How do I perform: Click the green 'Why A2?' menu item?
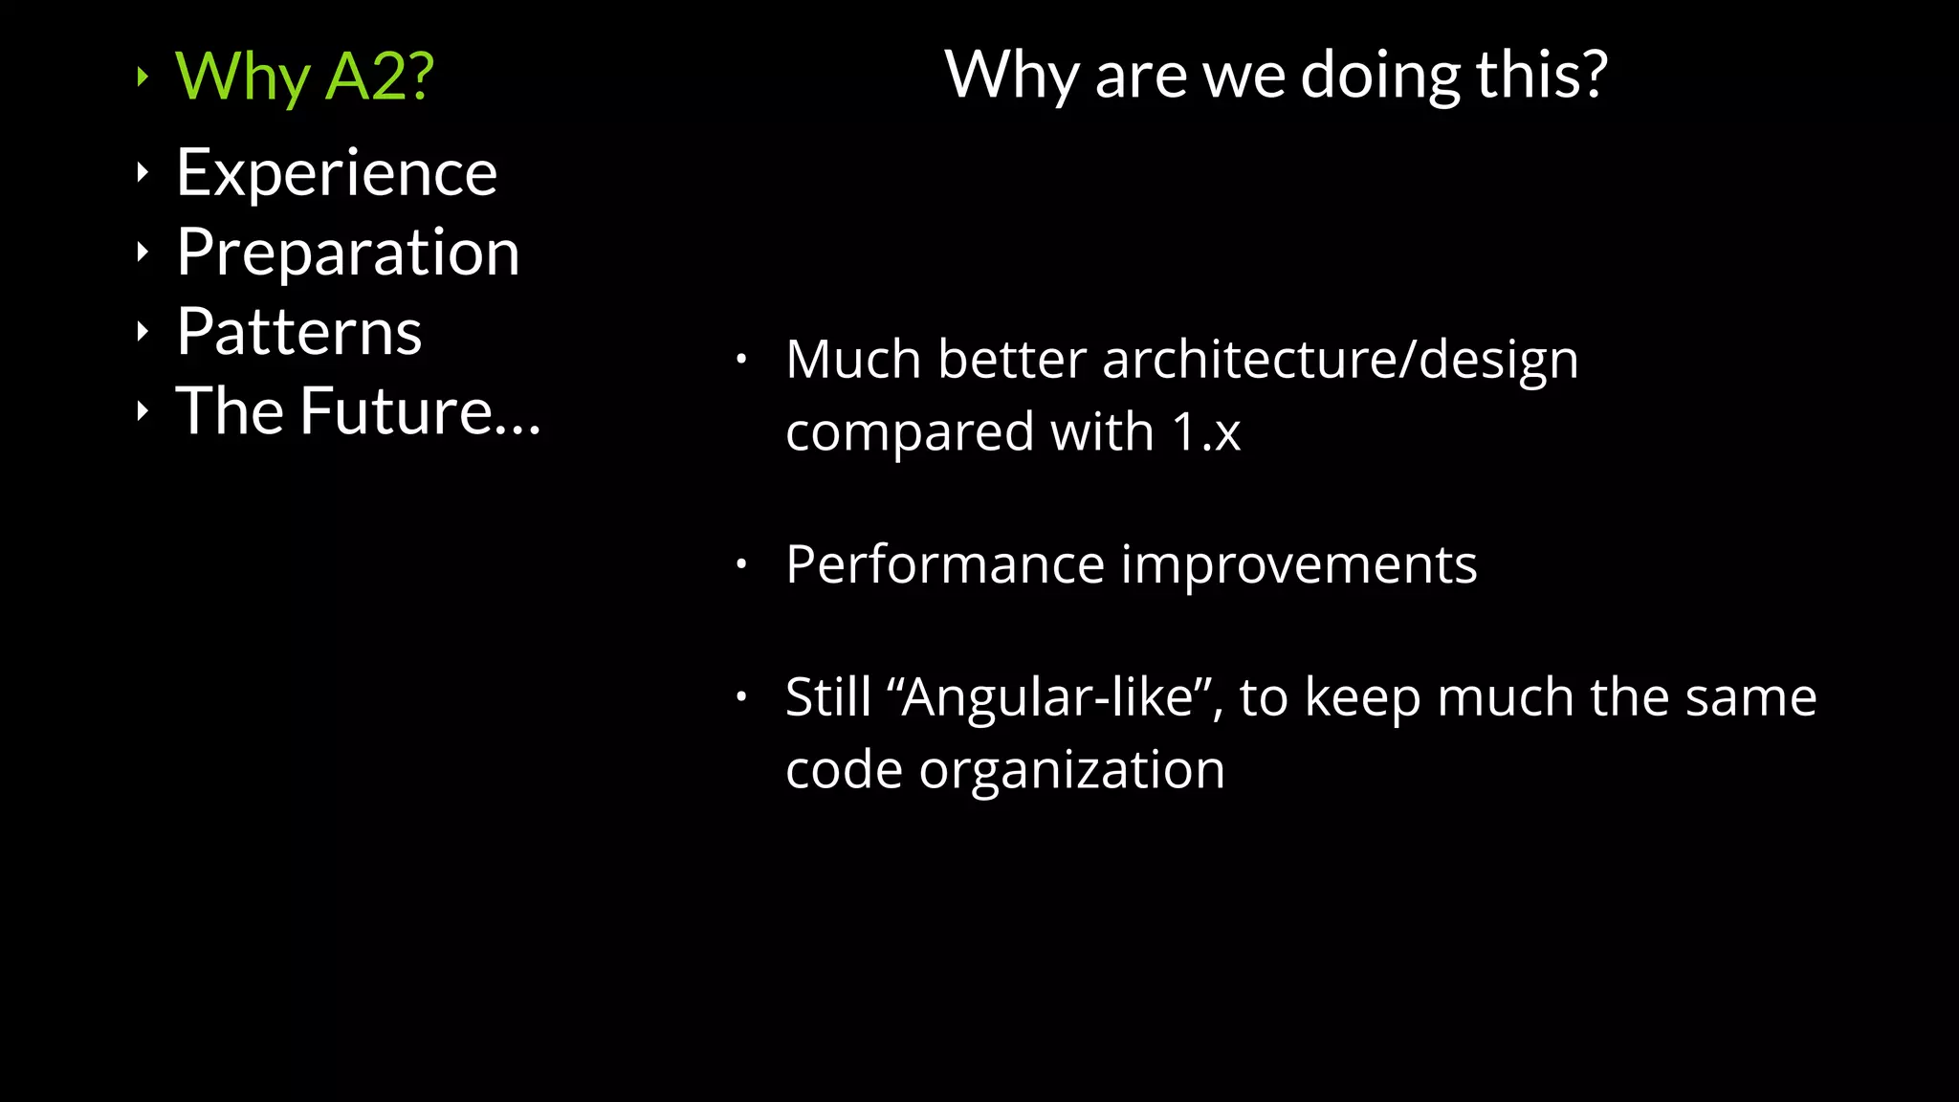coord(304,77)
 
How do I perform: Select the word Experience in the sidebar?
coord(337,173)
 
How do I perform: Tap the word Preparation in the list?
coord(348,253)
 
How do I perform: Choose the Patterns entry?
coord(298,332)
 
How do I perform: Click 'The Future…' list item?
coord(358,411)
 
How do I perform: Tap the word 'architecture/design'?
coord(1340,360)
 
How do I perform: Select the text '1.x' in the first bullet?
coord(1206,432)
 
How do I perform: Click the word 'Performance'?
coord(945,564)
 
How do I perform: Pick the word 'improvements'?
coord(1299,564)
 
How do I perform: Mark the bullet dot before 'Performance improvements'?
coord(740,564)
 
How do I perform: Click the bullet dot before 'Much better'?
coord(740,360)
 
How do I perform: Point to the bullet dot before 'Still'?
coord(740,696)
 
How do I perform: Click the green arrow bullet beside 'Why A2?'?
coord(143,77)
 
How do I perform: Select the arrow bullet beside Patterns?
coord(143,332)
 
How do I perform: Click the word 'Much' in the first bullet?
coord(853,360)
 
